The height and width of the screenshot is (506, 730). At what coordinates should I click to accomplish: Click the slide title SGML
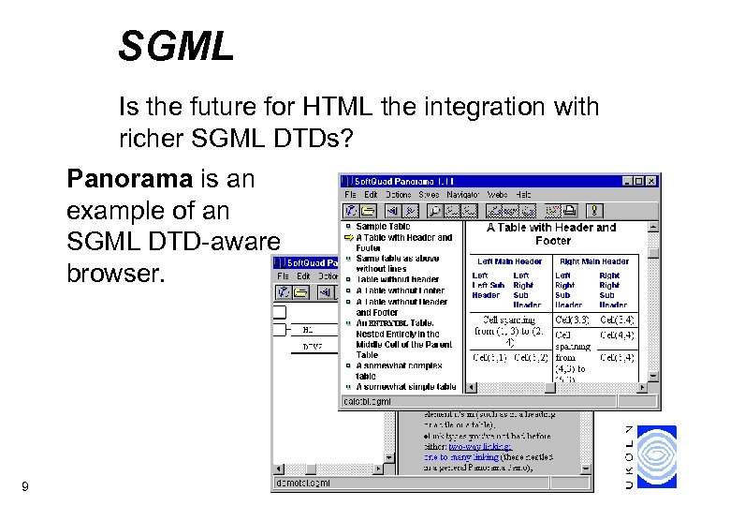coord(176,46)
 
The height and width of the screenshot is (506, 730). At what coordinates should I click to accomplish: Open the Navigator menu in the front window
coord(463,194)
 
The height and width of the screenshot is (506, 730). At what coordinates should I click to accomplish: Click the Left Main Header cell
coord(509,260)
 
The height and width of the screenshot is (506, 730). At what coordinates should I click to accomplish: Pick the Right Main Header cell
coord(593,260)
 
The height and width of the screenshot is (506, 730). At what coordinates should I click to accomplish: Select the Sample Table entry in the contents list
coord(383,226)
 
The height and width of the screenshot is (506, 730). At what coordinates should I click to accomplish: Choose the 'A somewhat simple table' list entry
coord(405,386)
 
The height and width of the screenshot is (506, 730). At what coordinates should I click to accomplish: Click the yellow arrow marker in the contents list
coord(348,237)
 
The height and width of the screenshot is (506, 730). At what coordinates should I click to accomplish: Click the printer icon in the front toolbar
coord(553,211)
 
